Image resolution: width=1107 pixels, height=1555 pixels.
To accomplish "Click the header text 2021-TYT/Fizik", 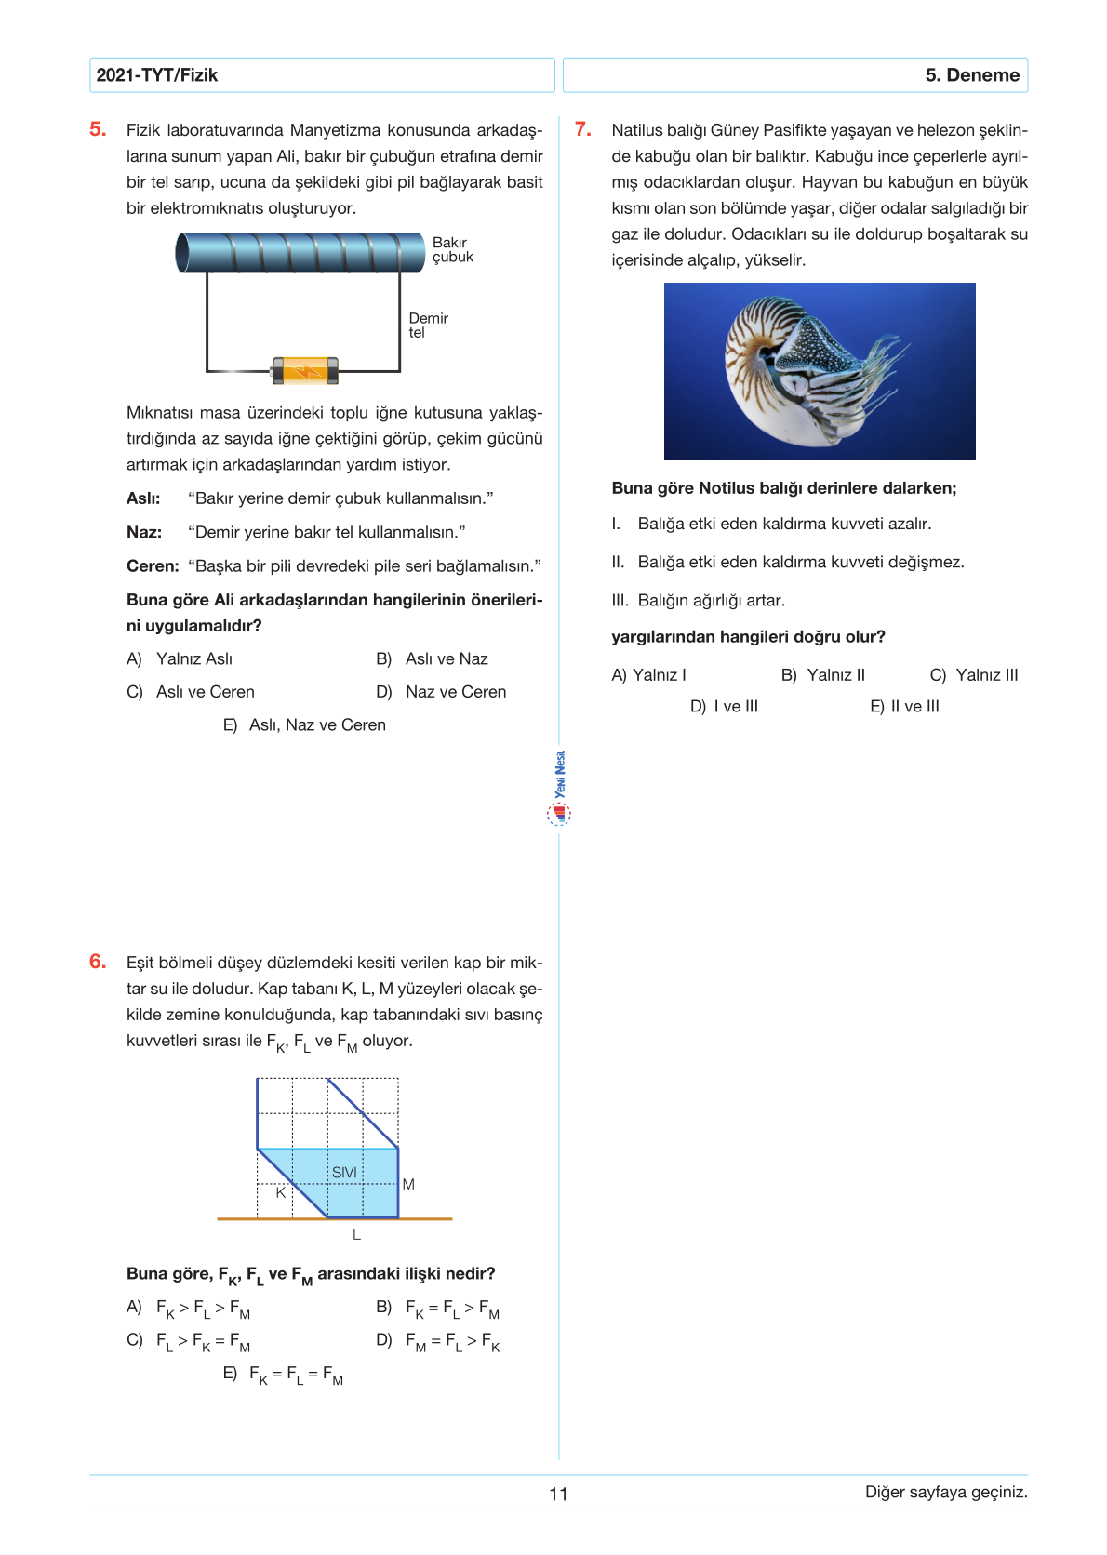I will coord(156,75).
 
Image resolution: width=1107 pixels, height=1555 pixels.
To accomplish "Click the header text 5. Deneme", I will coord(971,75).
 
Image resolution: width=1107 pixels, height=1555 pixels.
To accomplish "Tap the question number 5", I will coord(98,129).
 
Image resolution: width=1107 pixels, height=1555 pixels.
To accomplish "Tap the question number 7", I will coord(582,129).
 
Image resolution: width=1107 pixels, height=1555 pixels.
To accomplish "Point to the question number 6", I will coord(98,962).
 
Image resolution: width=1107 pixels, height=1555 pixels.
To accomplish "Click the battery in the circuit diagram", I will coord(304,370).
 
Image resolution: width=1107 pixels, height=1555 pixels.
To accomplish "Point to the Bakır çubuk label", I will coord(452,249).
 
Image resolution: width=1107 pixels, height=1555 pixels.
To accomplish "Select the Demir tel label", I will coord(428,325).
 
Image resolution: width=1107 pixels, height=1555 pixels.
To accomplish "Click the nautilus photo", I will coord(819,371).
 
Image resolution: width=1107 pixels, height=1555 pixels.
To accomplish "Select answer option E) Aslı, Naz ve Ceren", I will coord(304,724).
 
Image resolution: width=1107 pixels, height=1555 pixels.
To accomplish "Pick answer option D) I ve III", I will coord(724,706).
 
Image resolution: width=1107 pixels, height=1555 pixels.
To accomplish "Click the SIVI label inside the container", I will coord(344,1172).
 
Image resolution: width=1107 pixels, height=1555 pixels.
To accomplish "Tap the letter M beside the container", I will coord(408,1184).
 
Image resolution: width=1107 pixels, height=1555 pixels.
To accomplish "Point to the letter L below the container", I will coord(356,1235).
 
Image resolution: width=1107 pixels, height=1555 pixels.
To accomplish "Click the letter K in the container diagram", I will coord(280,1191).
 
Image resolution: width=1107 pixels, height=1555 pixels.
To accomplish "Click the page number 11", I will coord(558,1494).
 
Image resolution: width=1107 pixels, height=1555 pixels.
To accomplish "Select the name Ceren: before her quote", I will coord(153,565).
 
